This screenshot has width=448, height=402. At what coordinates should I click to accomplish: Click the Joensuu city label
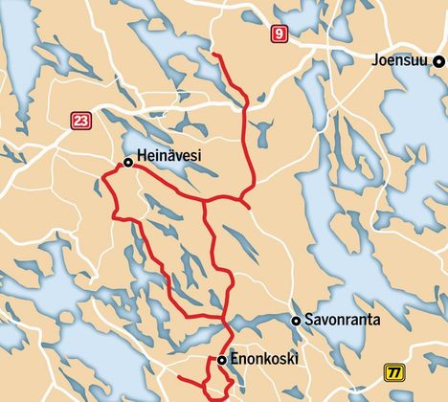(402, 61)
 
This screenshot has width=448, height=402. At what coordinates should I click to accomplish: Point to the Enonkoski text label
(265, 359)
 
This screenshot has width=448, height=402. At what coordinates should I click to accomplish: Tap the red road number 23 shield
(79, 120)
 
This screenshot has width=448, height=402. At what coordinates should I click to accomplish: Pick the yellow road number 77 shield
(393, 372)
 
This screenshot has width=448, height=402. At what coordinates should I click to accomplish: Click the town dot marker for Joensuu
(438, 61)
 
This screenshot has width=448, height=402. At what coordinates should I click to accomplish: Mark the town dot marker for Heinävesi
(127, 163)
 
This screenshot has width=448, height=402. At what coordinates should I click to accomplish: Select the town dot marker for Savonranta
(297, 321)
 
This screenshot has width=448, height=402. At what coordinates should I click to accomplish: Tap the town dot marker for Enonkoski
(221, 360)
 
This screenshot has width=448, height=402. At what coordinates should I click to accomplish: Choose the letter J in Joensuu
(377, 61)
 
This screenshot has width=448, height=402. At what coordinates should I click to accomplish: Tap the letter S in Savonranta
(308, 321)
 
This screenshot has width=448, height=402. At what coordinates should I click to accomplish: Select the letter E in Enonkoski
(235, 359)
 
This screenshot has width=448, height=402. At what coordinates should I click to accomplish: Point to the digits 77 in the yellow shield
(393, 372)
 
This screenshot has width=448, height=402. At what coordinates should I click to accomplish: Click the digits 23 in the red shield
(79, 120)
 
